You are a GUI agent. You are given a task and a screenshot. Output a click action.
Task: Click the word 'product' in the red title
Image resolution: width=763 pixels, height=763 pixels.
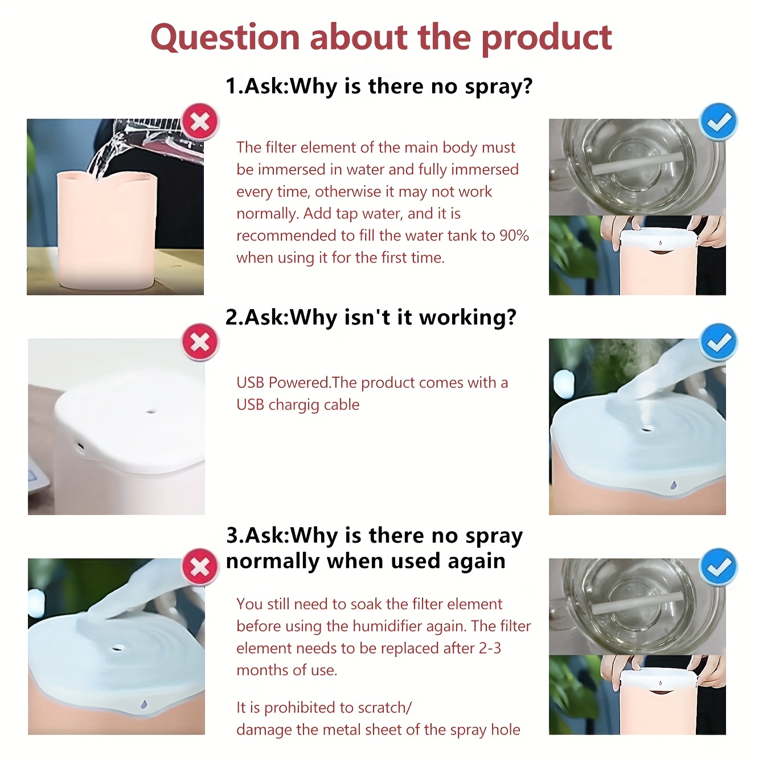click(x=547, y=38)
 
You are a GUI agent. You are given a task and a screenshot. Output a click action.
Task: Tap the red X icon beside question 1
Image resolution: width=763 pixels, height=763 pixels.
click(x=200, y=122)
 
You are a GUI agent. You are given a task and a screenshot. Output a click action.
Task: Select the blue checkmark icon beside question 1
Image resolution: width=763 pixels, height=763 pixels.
click(x=719, y=122)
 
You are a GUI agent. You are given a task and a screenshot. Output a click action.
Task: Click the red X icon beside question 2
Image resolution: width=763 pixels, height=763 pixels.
click(x=200, y=342)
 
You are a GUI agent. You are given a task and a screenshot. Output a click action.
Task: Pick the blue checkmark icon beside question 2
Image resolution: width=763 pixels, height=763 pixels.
click(x=719, y=342)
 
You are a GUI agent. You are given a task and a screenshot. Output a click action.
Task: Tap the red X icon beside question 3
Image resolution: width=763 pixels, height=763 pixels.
click(x=200, y=567)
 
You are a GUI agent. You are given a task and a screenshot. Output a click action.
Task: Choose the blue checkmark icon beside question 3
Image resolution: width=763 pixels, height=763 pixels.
click(x=719, y=567)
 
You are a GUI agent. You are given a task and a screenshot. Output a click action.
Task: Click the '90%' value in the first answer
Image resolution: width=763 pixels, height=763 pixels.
click(x=514, y=236)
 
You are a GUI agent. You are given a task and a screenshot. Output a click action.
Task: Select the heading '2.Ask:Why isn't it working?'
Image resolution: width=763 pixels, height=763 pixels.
click(x=371, y=317)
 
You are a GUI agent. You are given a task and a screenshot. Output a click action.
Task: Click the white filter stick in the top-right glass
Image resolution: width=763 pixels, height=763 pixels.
click(x=637, y=163)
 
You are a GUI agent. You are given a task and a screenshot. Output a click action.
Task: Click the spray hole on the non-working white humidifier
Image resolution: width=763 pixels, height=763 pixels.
click(x=151, y=412)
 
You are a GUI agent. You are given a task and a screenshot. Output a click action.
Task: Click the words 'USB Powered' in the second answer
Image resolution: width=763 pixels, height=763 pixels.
click(x=283, y=383)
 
